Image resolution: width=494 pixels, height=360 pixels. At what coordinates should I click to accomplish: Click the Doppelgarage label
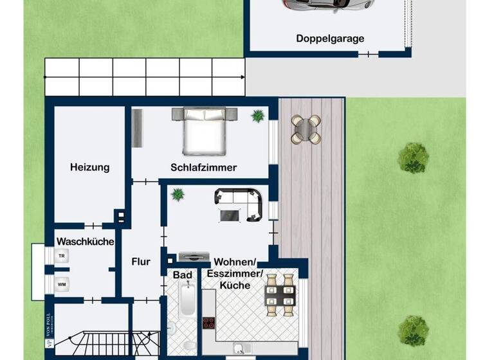(x=330, y=39)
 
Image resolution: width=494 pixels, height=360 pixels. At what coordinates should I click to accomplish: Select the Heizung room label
(x=89, y=167)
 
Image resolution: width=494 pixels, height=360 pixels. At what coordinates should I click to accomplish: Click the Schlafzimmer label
(x=203, y=167)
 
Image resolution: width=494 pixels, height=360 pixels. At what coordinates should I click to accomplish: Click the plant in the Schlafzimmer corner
(x=258, y=116)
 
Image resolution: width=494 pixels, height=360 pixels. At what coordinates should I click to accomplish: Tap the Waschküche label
(x=86, y=242)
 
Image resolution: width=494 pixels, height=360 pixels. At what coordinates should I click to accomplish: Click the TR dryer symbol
(x=62, y=256)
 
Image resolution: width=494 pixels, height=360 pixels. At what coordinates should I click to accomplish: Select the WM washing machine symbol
(x=62, y=283)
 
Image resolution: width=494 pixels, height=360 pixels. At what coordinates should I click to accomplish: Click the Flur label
(x=141, y=262)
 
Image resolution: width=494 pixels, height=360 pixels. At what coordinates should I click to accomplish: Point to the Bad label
(x=183, y=275)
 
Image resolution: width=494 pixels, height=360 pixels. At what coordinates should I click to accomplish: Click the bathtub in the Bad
(x=187, y=300)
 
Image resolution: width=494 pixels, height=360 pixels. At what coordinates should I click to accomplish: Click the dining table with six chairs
(x=280, y=294)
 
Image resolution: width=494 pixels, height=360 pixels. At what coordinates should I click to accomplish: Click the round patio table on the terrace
(x=306, y=129)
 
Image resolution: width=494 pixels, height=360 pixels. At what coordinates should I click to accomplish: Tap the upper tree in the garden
(x=413, y=157)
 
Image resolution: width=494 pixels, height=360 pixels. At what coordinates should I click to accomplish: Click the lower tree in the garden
(x=412, y=330)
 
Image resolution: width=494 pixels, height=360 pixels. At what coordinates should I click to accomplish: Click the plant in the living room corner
(x=177, y=194)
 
